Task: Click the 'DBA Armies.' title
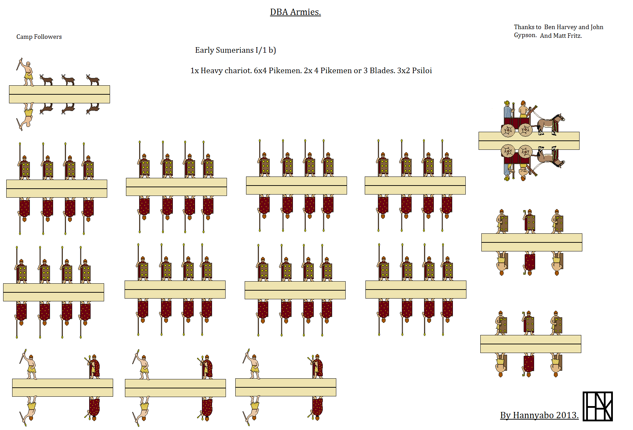point(295,12)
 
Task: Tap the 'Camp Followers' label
point(39,37)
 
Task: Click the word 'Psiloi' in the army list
point(422,71)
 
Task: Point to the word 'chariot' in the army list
point(240,71)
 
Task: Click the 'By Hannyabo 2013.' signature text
point(539,415)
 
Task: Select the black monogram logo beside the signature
point(598,406)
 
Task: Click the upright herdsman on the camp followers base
point(26,72)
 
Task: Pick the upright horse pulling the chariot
point(551,124)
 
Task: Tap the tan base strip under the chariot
point(529,141)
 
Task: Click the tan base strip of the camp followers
point(59,94)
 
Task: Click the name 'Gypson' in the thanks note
point(525,36)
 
